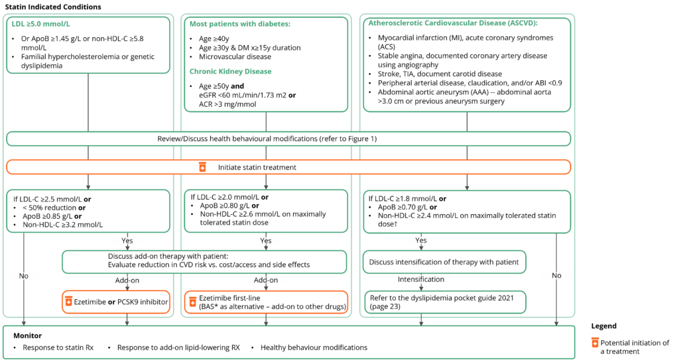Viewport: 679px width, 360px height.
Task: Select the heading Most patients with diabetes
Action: click(x=240, y=25)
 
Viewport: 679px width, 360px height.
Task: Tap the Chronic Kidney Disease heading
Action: click(x=231, y=72)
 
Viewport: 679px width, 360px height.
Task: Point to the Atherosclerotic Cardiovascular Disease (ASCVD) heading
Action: click(x=452, y=23)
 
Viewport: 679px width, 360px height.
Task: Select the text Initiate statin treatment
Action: click(x=257, y=168)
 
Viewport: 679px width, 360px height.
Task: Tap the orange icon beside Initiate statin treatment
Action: click(x=202, y=167)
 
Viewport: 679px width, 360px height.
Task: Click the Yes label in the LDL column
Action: click(x=126, y=241)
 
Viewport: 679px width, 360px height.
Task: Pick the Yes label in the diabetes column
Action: click(x=265, y=241)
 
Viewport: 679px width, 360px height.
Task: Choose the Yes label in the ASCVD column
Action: click(x=420, y=240)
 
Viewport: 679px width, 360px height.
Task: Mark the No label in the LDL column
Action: click(x=24, y=276)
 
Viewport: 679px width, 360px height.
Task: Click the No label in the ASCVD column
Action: click(x=556, y=275)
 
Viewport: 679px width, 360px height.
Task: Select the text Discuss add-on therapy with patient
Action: click(x=168, y=257)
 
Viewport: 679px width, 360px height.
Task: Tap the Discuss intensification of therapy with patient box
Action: click(x=444, y=262)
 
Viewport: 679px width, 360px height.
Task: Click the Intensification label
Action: click(x=421, y=280)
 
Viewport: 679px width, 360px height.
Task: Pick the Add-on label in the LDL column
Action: click(x=127, y=280)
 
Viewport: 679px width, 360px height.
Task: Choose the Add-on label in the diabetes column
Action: click(x=265, y=280)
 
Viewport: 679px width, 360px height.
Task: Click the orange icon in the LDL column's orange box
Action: click(x=68, y=301)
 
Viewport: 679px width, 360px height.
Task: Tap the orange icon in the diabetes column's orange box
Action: click(x=193, y=302)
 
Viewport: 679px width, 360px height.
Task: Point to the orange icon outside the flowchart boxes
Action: click(x=595, y=342)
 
